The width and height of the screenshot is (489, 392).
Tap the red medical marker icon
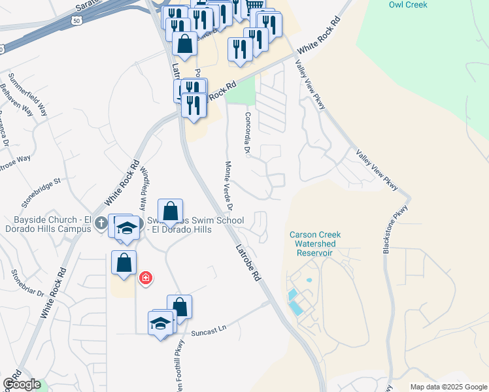(x=145, y=279)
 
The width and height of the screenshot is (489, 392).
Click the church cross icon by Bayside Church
(x=101, y=223)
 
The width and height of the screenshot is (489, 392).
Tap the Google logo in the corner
(x=22, y=384)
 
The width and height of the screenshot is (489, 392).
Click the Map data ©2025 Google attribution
(x=448, y=387)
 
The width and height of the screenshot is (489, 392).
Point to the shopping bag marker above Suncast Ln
(x=179, y=306)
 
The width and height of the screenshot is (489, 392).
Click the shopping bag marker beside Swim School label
(x=170, y=211)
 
